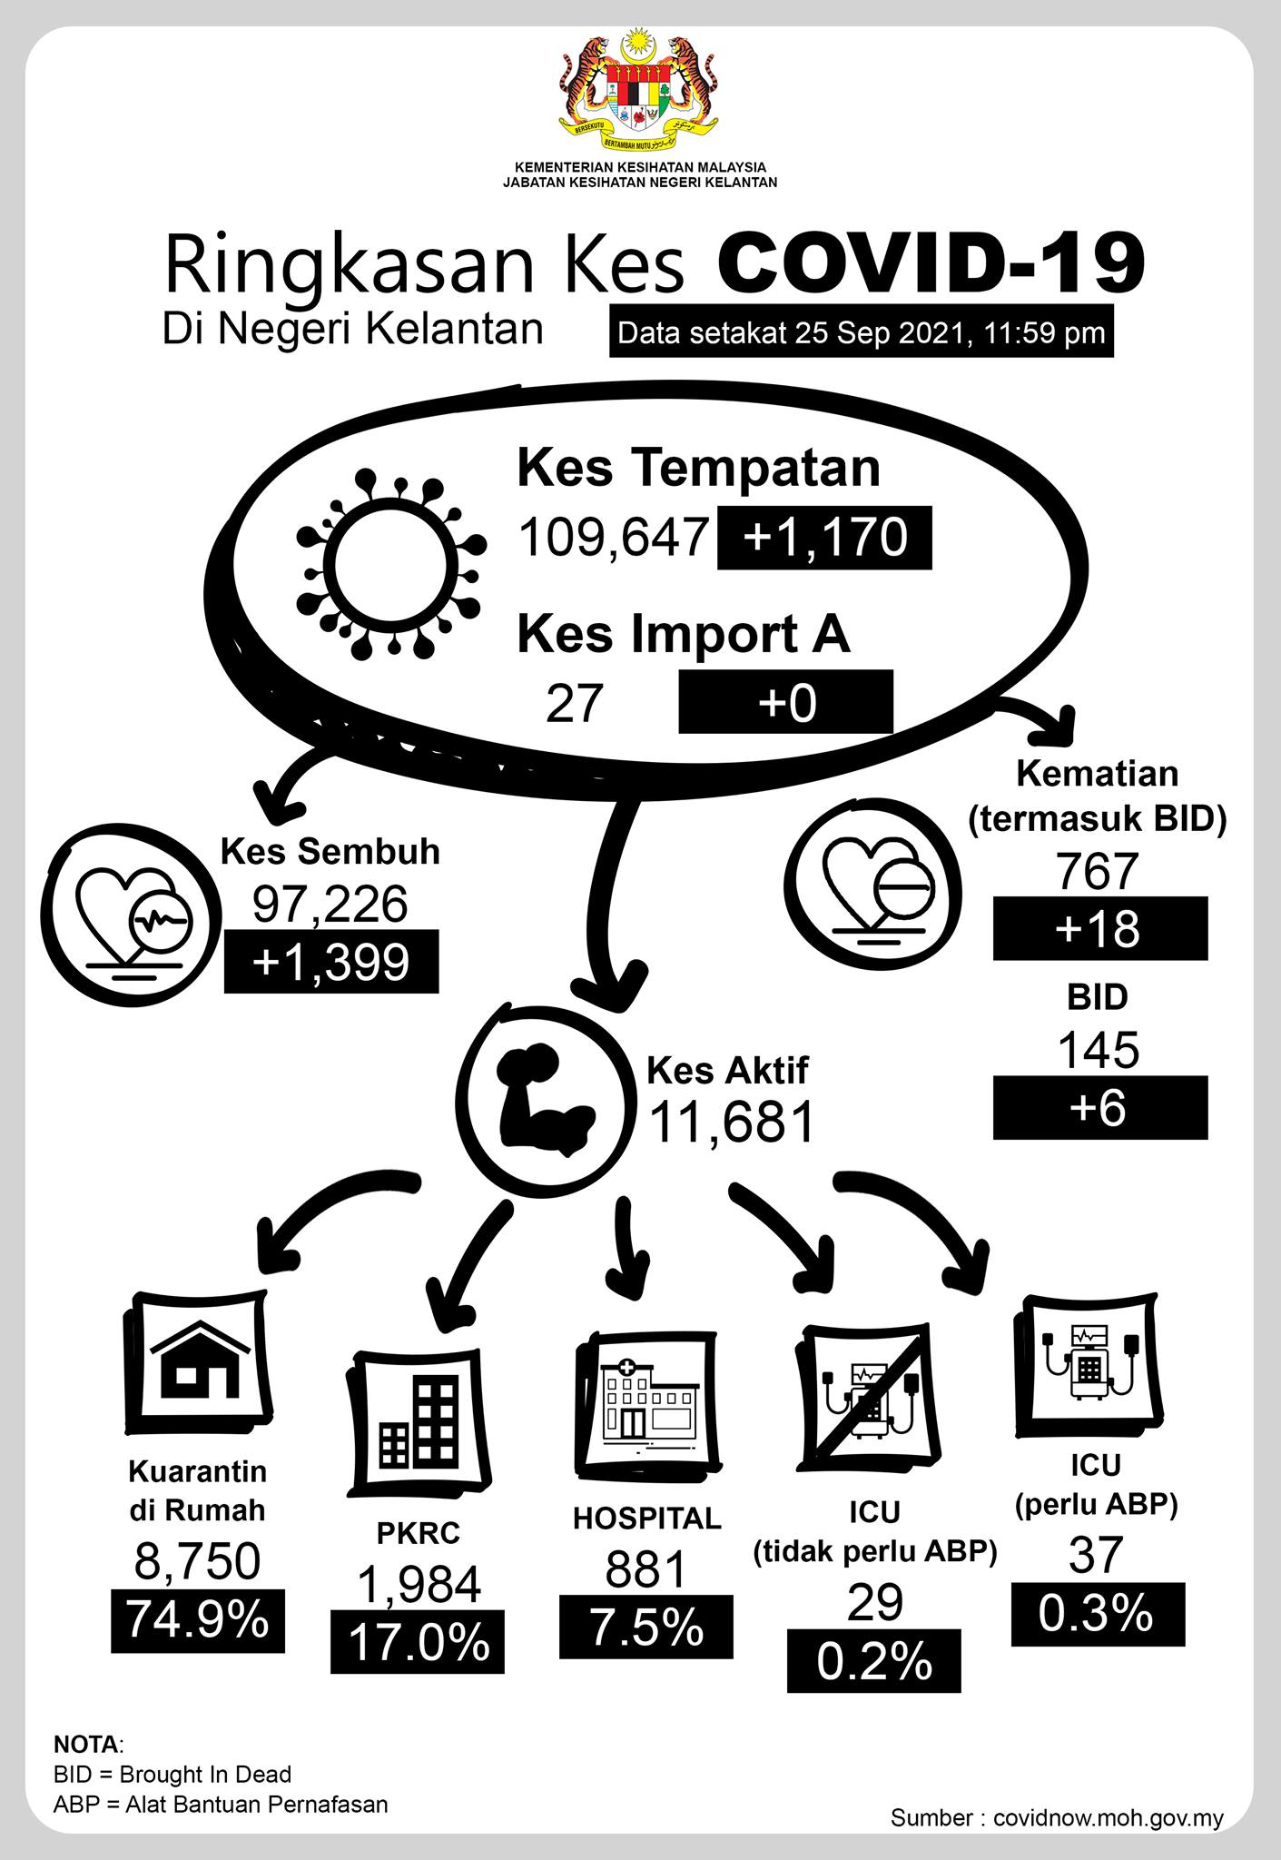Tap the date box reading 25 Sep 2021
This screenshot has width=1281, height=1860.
[861, 333]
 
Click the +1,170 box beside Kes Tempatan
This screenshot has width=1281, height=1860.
[824, 538]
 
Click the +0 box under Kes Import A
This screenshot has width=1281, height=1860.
[786, 702]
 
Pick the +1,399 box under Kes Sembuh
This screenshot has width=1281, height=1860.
[331, 962]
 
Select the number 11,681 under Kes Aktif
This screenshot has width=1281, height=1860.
[731, 1123]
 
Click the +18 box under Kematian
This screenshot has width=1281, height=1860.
[1100, 928]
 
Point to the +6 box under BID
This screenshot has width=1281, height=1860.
[1100, 1108]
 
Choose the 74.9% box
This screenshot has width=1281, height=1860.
[198, 1620]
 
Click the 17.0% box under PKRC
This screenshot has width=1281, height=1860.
[418, 1642]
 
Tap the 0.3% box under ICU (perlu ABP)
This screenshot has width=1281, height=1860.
[1099, 1614]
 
